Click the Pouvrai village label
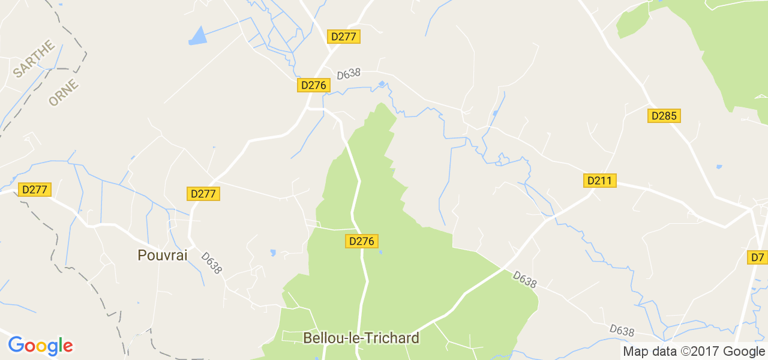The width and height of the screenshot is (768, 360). point(163,255)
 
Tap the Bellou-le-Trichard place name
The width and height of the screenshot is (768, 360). point(361,338)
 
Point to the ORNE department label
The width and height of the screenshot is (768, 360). point(64,93)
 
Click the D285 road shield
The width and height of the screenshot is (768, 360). point(664,116)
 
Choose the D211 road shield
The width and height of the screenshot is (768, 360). point(600,181)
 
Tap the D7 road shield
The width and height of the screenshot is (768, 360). point(758,257)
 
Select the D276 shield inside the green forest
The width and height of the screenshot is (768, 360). point(362,241)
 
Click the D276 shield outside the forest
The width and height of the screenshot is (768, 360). point(313,85)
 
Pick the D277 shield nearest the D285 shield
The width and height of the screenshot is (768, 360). point(344,37)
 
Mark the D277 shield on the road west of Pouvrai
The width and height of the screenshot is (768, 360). point(34,190)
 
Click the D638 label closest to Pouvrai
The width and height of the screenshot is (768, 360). point(212,263)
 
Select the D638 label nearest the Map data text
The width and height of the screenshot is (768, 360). point(622,331)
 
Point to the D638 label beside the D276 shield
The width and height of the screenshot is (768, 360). point(349,74)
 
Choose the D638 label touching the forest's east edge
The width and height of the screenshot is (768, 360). point(525,280)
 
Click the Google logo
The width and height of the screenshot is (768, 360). point(40,346)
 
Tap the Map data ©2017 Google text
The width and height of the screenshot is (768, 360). point(694,352)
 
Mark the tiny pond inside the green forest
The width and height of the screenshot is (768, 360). point(380,252)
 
